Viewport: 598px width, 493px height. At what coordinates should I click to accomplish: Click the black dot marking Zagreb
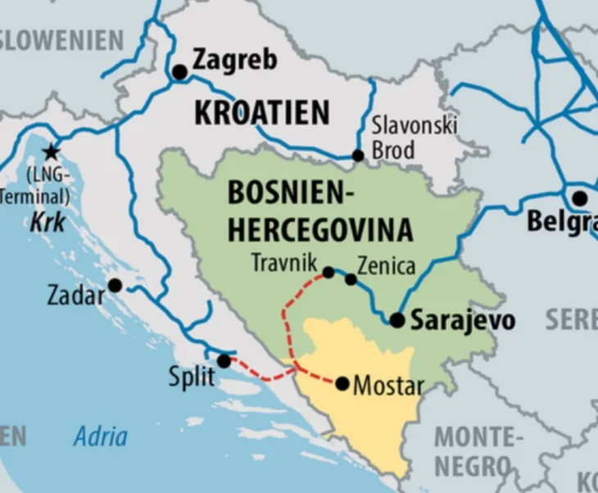pyautogui.click(x=179, y=72)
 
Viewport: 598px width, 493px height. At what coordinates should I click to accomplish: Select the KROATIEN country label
pyautogui.click(x=261, y=112)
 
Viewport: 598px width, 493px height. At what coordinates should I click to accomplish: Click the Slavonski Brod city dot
pyautogui.click(x=358, y=156)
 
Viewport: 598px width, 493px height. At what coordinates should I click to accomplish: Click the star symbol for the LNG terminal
pyautogui.click(x=51, y=152)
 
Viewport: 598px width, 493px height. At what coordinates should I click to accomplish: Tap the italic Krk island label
pyautogui.click(x=48, y=221)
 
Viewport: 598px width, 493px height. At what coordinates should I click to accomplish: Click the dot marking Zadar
pyautogui.click(x=116, y=285)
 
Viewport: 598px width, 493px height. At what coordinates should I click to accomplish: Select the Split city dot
pyautogui.click(x=224, y=360)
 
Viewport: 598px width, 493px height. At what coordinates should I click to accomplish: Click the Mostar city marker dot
pyautogui.click(x=342, y=383)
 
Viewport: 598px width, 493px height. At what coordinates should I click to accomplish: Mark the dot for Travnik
pyautogui.click(x=328, y=272)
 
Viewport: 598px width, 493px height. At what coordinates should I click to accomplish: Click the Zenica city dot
pyautogui.click(x=351, y=279)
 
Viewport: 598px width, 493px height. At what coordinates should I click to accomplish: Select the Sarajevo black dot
pyautogui.click(x=397, y=320)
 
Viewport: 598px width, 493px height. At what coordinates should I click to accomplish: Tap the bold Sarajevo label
pyautogui.click(x=462, y=320)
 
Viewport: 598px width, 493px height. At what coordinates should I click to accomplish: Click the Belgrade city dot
pyautogui.click(x=579, y=198)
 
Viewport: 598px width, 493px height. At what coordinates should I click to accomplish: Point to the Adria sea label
pyautogui.click(x=100, y=436)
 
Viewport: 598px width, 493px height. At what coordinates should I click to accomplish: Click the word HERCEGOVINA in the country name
pyautogui.click(x=319, y=230)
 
